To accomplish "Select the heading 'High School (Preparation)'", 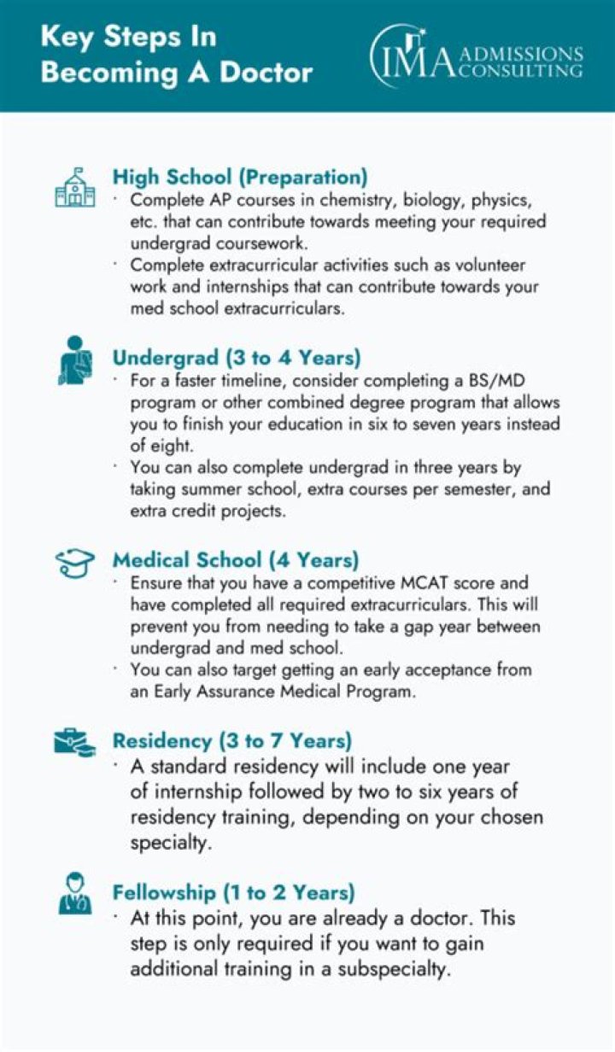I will pyautogui.click(x=240, y=177).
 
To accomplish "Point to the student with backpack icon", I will pyautogui.click(x=75, y=360).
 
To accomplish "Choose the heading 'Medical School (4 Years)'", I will pyautogui.click(x=236, y=560).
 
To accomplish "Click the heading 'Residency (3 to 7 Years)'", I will pyautogui.click(x=231, y=739).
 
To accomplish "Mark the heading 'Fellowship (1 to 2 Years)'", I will pyautogui.click(x=233, y=893).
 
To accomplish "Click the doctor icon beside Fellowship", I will pyautogui.click(x=75, y=893).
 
